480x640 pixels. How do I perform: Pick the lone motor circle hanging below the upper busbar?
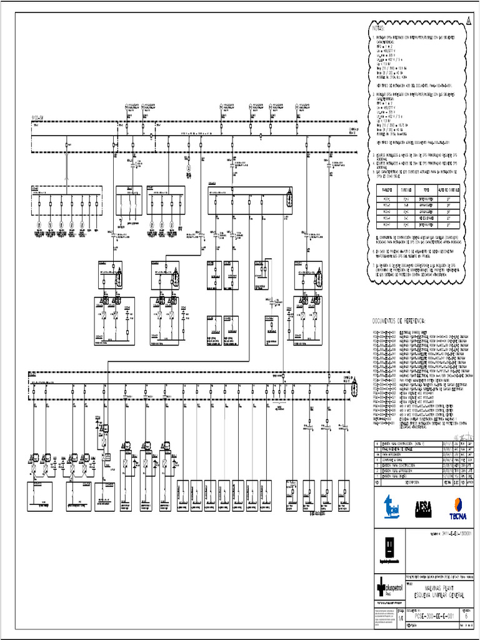tap(188, 167)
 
